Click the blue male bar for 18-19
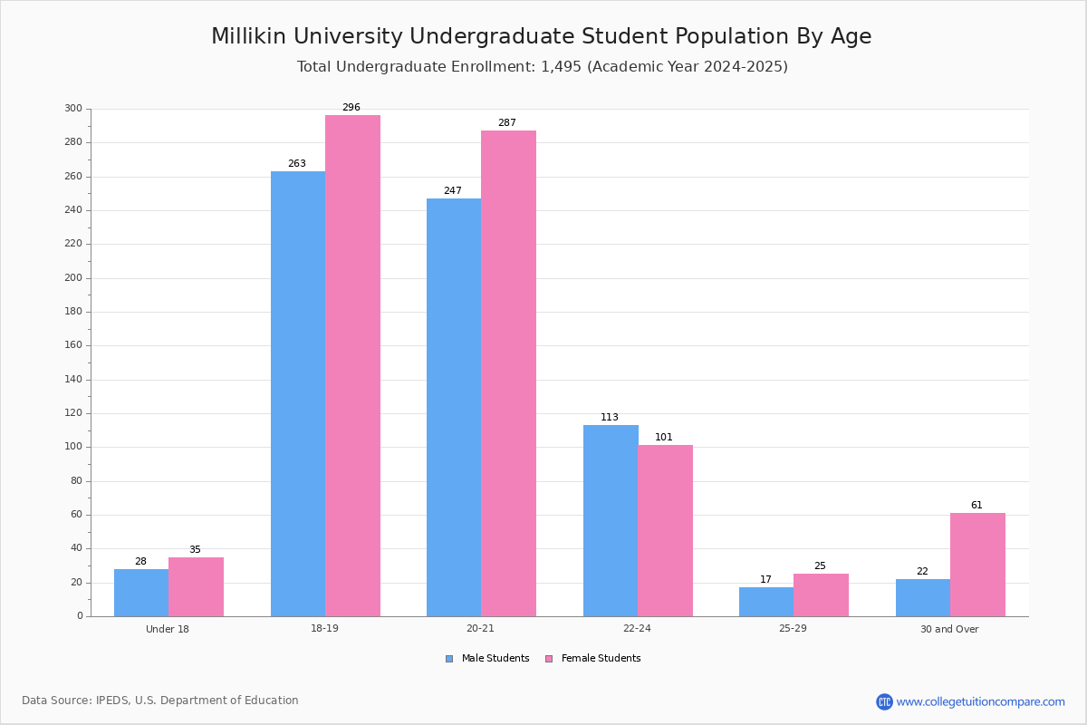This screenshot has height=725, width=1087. click(298, 393)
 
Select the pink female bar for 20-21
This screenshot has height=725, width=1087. click(508, 373)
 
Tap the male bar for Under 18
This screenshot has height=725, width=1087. click(141, 593)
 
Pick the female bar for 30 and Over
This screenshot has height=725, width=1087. click(977, 565)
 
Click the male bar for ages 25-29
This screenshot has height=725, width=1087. click(766, 602)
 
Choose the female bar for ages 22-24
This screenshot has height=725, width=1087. click(665, 530)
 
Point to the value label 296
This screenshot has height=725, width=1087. click(351, 108)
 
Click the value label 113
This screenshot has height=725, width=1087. click(610, 418)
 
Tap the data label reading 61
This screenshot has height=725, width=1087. click(976, 506)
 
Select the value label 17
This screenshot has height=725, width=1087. click(766, 580)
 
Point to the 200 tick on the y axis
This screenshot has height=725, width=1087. click(73, 278)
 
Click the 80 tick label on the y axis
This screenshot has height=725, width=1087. click(76, 481)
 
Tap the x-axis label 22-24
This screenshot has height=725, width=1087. click(637, 629)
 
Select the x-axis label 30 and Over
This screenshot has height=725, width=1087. click(949, 629)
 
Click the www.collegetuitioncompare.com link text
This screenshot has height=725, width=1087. click(980, 701)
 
